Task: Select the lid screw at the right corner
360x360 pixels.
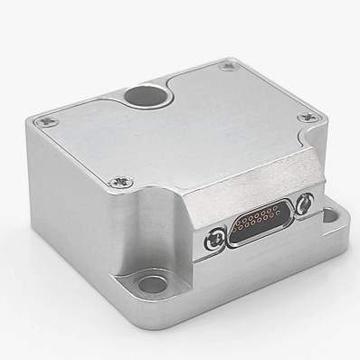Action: pyautogui.click(x=308, y=117)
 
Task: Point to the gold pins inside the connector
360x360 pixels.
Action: pyautogui.click(x=263, y=219)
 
